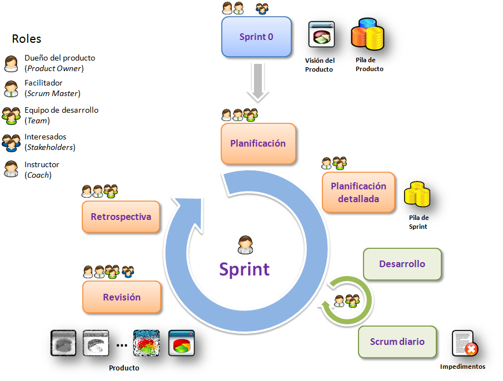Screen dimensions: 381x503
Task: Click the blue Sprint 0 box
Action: pyautogui.click(x=256, y=37)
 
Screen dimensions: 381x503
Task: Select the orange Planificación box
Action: pyautogui.click(x=258, y=143)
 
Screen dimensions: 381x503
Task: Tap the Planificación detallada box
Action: pyautogui.click(x=358, y=192)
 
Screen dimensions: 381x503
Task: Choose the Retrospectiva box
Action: pyautogui.click(x=121, y=217)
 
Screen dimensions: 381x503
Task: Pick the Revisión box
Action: pyautogui.click(x=122, y=297)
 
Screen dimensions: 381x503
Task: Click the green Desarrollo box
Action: pyautogui.click(x=402, y=264)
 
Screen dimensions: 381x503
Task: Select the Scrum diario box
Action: pyautogui.click(x=397, y=342)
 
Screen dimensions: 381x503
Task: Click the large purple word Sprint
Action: pyautogui.click(x=245, y=269)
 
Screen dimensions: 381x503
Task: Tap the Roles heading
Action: pyautogui.click(x=27, y=39)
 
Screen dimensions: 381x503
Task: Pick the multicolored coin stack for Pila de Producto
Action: pyautogui.click(x=367, y=36)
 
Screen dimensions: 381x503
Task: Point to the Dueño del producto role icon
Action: pyautogui.click(x=11, y=63)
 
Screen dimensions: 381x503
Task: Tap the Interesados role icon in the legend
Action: pyautogui.click(x=11, y=143)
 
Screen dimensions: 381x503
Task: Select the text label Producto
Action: pyautogui.click(x=124, y=368)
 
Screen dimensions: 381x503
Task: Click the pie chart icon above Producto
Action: pyautogui.click(x=181, y=343)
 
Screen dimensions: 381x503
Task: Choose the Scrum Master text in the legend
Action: pyautogui.click(x=52, y=93)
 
